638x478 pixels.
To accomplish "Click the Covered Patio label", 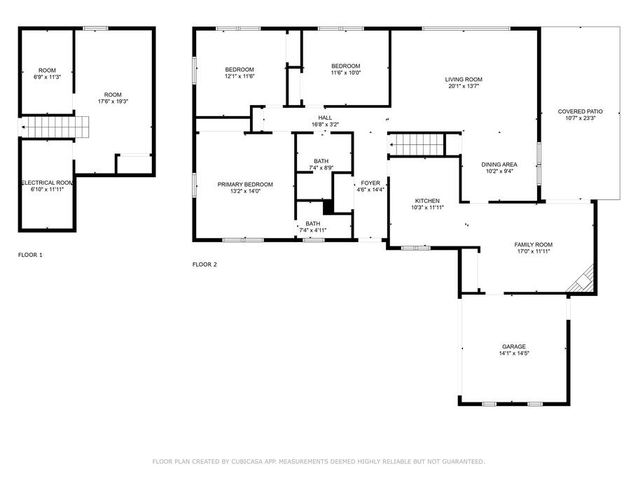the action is [x=580, y=111].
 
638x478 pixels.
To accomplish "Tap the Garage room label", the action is [x=513, y=346].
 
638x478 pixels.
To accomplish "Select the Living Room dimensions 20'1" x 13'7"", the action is [x=464, y=86].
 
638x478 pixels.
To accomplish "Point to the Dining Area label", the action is [x=499, y=164].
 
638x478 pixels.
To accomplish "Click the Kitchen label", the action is [x=427, y=201].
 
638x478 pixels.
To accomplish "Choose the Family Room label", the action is [x=533, y=245].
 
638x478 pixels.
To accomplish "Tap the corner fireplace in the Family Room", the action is [x=582, y=280].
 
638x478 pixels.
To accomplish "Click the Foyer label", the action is [x=370, y=183].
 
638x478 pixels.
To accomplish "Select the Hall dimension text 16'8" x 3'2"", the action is [x=325, y=125].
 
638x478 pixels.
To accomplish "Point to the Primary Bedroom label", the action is [x=245, y=185].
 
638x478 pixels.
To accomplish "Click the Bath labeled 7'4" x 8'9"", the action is [x=321, y=162].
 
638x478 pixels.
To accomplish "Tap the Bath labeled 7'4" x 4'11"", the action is [x=312, y=223].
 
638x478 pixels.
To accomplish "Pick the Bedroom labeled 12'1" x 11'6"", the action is [x=240, y=69].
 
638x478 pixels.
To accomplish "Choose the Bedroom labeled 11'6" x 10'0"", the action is [x=345, y=66].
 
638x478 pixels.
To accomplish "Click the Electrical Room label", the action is [x=47, y=183].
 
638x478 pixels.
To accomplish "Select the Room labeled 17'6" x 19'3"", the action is [x=113, y=94].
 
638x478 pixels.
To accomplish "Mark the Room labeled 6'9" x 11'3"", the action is [x=47, y=70].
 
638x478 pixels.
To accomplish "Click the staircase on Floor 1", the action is [x=55, y=127].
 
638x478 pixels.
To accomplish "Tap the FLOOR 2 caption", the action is [x=204, y=265].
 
